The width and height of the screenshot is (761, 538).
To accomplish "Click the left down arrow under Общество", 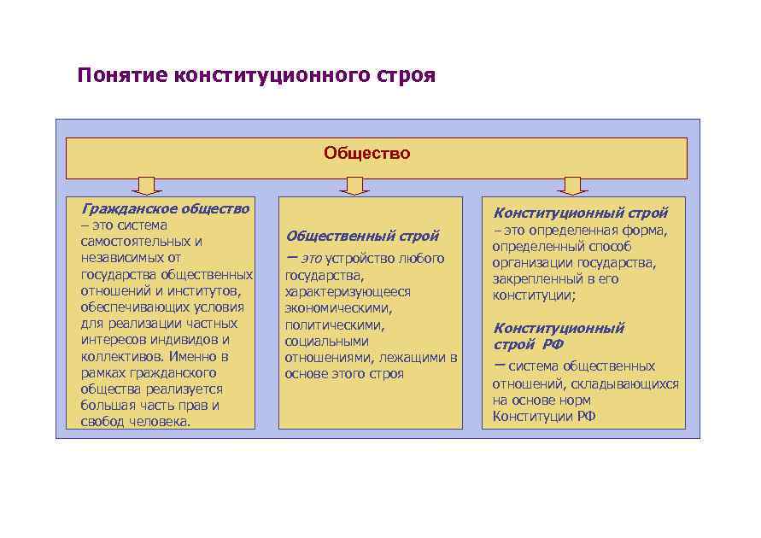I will coord(147,185).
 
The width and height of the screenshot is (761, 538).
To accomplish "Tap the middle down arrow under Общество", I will coord(354,185).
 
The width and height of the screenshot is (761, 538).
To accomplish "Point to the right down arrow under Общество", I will coord(572,185).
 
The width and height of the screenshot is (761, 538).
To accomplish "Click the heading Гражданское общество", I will coord(166,208).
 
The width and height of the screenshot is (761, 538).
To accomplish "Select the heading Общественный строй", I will coord(362,236).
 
